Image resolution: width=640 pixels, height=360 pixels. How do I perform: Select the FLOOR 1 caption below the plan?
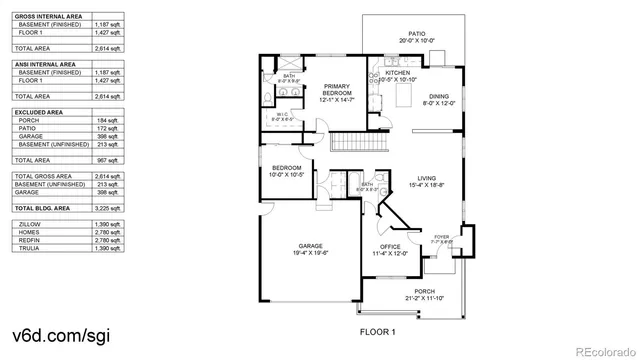point(378,331)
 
